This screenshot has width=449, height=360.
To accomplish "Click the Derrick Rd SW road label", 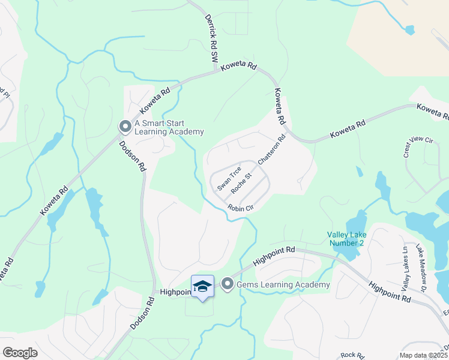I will coord(210,40).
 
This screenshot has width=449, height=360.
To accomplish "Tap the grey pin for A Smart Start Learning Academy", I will coord(125,127).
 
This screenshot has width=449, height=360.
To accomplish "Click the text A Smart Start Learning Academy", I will coord(169,127).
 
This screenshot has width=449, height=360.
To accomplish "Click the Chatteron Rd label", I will coord(272,149).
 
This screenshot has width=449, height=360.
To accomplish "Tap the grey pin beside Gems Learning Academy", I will coord(227,284).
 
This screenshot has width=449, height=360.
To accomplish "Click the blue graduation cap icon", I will coord(202,286).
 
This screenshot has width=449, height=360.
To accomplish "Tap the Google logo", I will coord(20,352).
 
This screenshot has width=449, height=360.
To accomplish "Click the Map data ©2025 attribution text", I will coord(423,355).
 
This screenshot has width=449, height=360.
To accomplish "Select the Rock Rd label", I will coord(349,355).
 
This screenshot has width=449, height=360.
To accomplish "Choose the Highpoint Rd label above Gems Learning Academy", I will coord(274,256).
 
